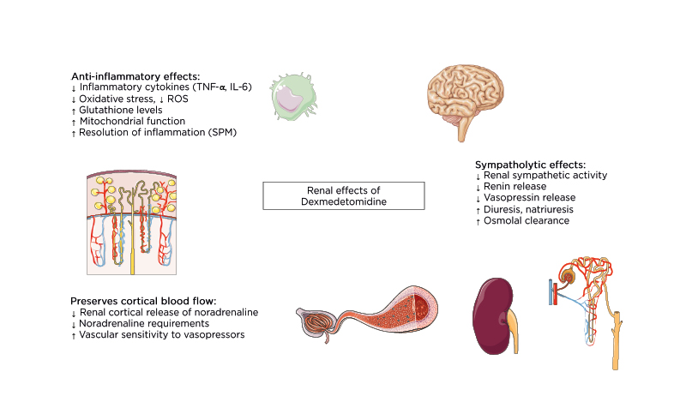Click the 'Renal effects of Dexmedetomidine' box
coord(342,195)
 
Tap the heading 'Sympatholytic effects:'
coord(530,164)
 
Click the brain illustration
coord(472,95)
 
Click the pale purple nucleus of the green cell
coord(289,100)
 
